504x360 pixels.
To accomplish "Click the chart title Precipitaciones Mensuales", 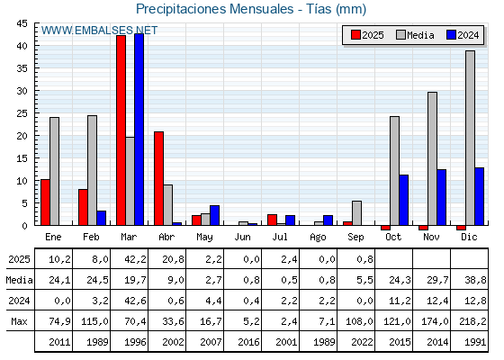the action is pyautogui.click(x=215, y=9).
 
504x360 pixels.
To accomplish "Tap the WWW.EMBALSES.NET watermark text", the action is pyautogui.click(x=99, y=31).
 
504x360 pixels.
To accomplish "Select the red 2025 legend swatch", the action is pyautogui.click(x=355, y=35).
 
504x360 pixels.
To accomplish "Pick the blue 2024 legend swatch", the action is pyautogui.click(x=451, y=35).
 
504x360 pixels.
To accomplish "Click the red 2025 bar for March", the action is pyautogui.click(x=121, y=130).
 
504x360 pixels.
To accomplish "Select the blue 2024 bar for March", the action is pyautogui.click(x=139, y=130).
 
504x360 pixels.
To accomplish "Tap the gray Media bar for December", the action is pyautogui.click(x=470, y=138).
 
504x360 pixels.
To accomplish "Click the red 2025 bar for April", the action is pyautogui.click(x=158, y=178).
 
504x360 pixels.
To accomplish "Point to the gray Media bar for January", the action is pyautogui.click(x=54, y=171).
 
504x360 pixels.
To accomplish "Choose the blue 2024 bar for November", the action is pyautogui.click(x=441, y=197).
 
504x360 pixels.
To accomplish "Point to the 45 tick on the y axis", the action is pyautogui.click(x=22, y=23).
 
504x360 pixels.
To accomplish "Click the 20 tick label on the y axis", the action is pyautogui.click(x=22, y=136).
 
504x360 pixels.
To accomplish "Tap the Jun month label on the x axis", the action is pyautogui.click(x=242, y=238).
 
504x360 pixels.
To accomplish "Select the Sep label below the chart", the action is pyautogui.click(x=355, y=238).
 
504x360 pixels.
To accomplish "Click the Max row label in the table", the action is pyautogui.click(x=19, y=321).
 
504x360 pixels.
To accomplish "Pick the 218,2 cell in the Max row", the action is pyautogui.click(x=472, y=321).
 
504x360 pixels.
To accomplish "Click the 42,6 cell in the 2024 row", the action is pyautogui.click(x=135, y=301).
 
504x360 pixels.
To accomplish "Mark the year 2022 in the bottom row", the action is pyautogui.click(x=362, y=342).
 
